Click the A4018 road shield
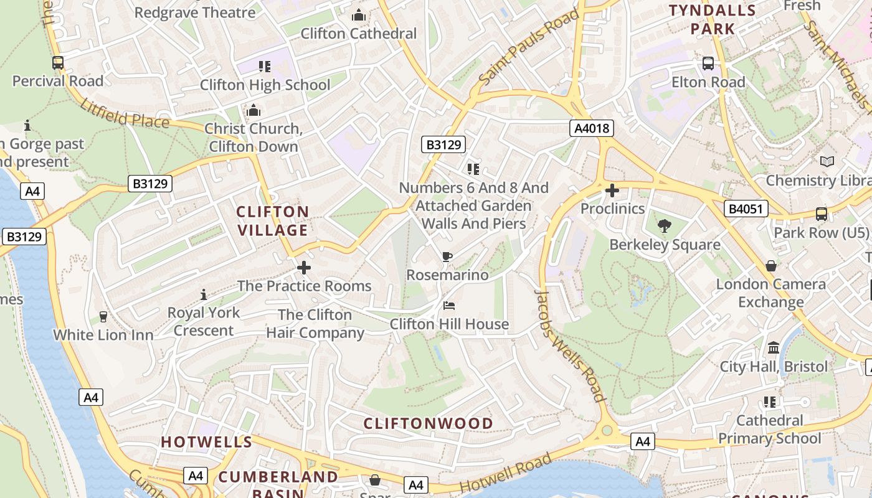592,129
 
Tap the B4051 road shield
746,209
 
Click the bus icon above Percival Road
58,63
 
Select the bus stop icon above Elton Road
708,63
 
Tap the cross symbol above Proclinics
612,190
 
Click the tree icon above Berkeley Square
665,227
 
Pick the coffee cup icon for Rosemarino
447,256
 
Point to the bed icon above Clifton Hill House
449,306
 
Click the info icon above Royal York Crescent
203,294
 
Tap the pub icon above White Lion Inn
103,317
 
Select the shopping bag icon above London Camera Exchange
771,266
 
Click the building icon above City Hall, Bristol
774,347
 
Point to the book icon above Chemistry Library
827,162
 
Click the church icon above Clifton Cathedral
359,15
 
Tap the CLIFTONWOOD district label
429,424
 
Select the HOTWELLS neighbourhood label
207,443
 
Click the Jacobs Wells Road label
571,345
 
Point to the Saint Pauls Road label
529,47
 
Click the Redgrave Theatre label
195,12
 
